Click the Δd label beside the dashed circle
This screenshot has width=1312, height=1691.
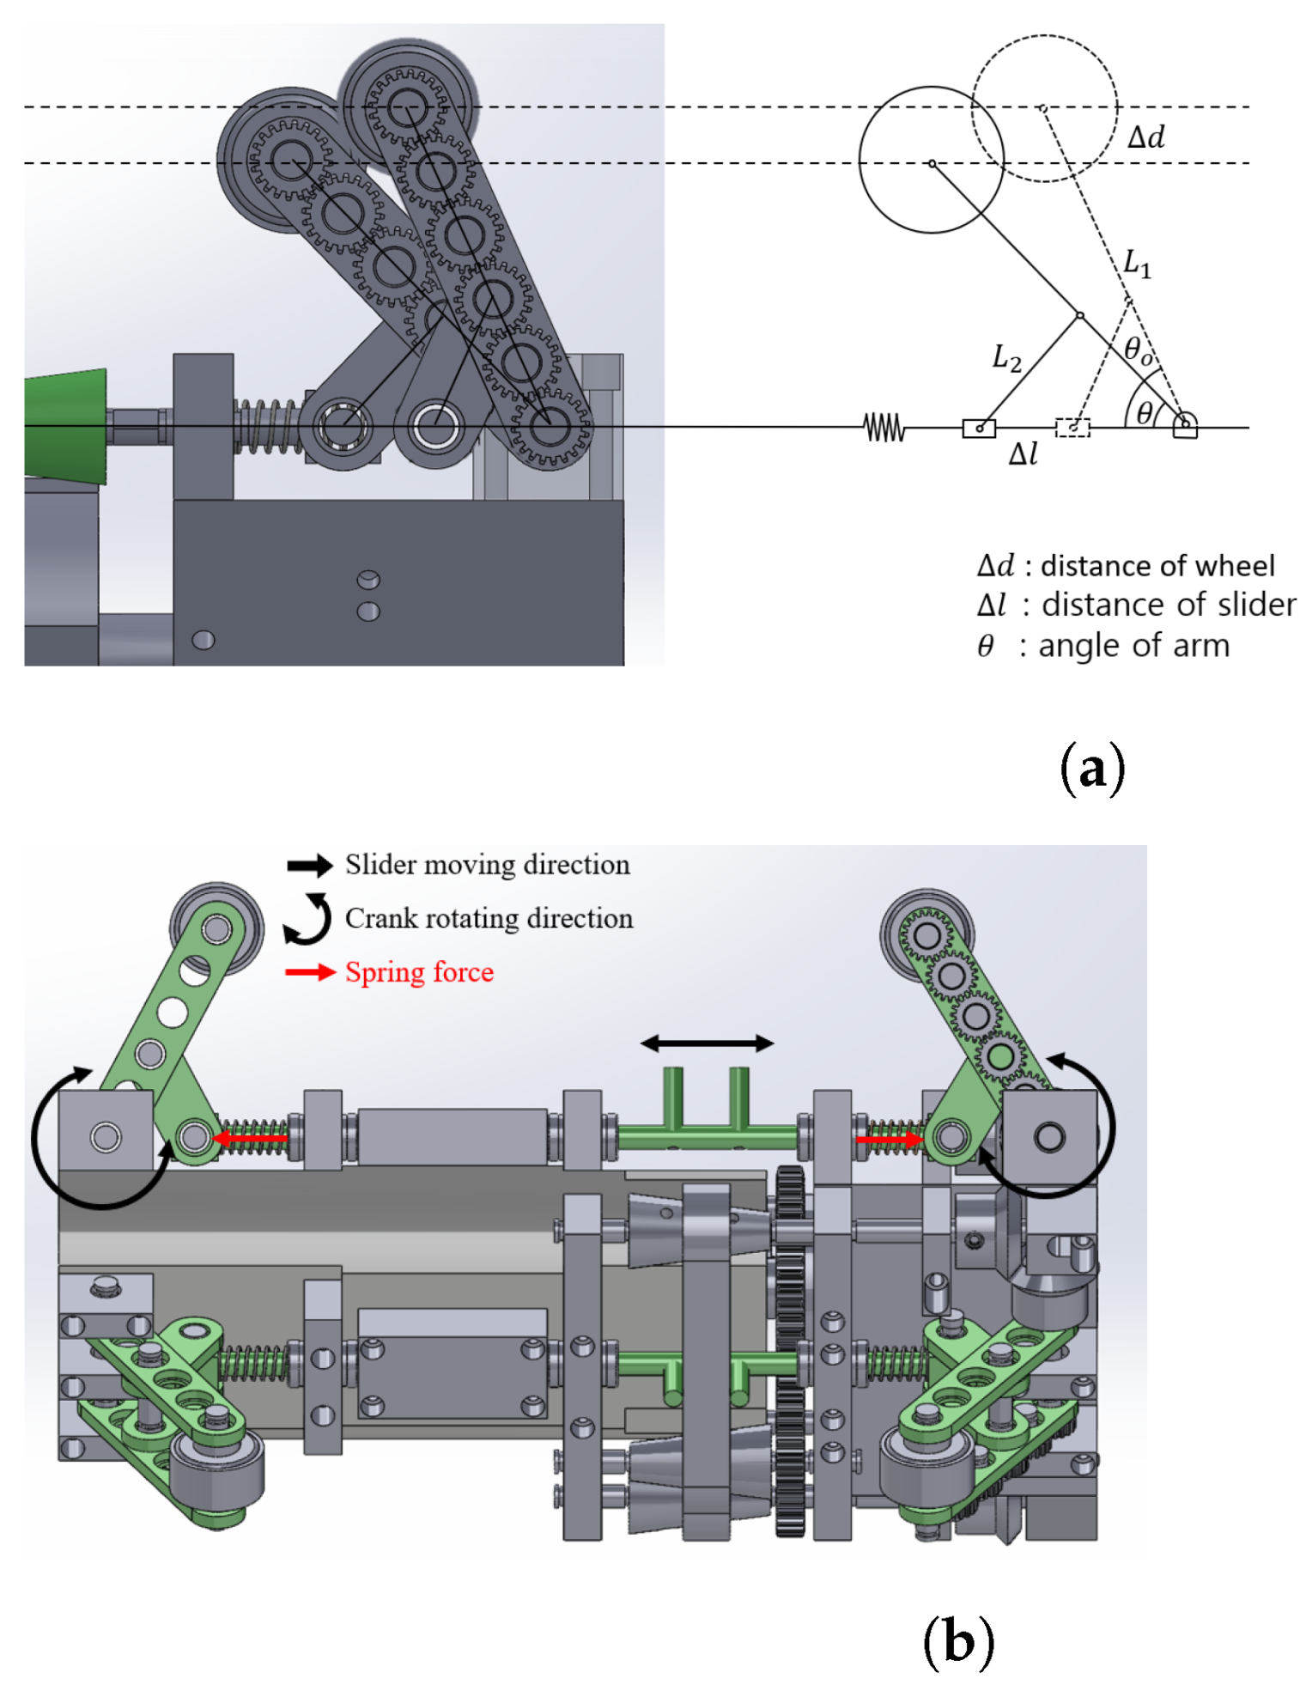(1145, 137)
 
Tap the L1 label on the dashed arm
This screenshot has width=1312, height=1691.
(1136, 263)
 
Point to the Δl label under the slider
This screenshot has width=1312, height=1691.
(1022, 454)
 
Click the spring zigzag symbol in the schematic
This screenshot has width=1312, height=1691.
(884, 427)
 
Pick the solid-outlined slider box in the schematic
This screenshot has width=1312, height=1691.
(978, 428)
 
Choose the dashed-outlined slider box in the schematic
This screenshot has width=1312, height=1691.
(1072, 428)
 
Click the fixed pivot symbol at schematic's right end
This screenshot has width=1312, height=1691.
(1185, 425)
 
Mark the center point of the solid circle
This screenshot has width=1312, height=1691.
(932, 162)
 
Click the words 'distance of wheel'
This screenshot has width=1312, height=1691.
(1157, 566)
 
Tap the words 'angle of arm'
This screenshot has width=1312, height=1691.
(1133, 645)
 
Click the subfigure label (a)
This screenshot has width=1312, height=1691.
(1091, 769)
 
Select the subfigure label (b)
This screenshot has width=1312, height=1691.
(957, 1641)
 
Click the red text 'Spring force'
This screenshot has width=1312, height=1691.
(419, 972)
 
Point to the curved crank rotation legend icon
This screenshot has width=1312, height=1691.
(308, 918)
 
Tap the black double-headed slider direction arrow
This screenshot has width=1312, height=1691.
(707, 1043)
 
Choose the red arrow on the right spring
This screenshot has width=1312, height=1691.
(889, 1140)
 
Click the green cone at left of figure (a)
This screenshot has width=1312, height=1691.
(64, 425)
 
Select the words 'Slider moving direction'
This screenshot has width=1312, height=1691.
(487, 865)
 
